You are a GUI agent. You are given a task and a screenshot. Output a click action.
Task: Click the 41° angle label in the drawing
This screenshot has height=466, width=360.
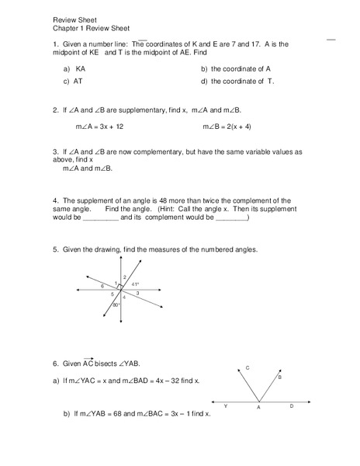pos(134,284)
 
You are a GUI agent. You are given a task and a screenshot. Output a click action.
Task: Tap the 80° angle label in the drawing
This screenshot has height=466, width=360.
pos(116,305)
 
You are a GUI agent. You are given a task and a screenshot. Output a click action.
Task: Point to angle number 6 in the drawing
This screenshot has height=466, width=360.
pos(102,286)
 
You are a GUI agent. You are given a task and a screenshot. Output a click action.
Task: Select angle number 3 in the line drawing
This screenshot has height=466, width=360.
pos(137,294)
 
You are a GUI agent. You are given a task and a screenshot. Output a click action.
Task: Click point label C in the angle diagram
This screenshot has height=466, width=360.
pos(247,367)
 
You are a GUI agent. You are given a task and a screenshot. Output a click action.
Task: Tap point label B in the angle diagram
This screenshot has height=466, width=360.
pos(279,377)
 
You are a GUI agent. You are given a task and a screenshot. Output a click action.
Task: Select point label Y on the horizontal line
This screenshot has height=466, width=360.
pos(225,406)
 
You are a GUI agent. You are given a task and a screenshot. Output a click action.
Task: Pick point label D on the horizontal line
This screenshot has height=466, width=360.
pos(291,406)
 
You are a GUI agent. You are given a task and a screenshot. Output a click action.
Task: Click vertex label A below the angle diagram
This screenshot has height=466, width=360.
pos(258,409)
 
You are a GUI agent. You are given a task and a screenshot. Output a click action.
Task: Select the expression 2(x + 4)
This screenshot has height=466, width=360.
pos(236,126)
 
